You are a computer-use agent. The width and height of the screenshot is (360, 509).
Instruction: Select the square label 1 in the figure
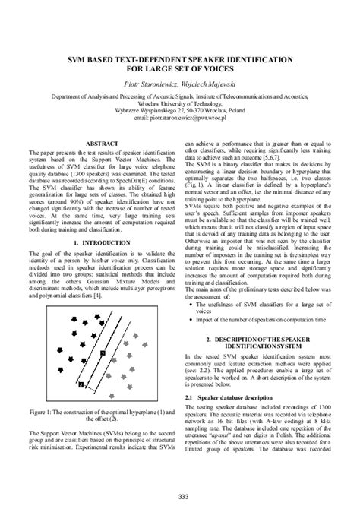point(104,353)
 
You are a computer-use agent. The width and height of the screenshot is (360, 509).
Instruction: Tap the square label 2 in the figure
point(78,385)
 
